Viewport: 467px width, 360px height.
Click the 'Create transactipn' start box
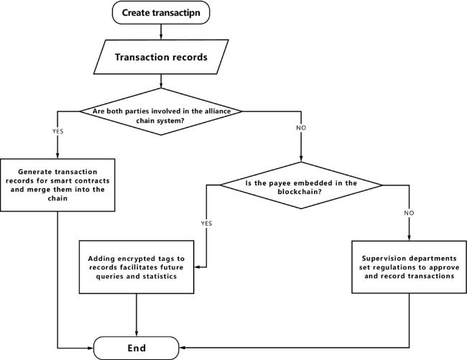[x=161, y=12]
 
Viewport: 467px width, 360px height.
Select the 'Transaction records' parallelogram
[x=161, y=57]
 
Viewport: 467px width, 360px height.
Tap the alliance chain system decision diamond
[x=161, y=111]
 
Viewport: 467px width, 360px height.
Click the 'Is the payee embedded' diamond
[x=301, y=185]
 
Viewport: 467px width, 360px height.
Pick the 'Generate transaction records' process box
[x=57, y=185]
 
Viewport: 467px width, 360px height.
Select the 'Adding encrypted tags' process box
[x=137, y=267]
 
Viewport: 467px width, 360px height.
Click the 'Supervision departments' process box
[x=409, y=267]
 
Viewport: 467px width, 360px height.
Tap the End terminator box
[x=137, y=348]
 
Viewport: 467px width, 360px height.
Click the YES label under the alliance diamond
[x=57, y=131]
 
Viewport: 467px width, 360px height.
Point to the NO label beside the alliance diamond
[x=301, y=128]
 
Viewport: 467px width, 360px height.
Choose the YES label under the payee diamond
[x=206, y=223]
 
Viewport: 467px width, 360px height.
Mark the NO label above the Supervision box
[x=409, y=213]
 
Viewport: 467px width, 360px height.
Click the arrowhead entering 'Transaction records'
[x=161, y=37]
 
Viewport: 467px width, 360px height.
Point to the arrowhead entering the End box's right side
[x=182, y=348]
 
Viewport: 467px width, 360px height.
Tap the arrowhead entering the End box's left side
[x=91, y=348]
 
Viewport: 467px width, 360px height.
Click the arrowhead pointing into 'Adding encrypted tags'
[x=197, y=267]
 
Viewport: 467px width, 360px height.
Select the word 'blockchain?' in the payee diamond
[x=300, y=191]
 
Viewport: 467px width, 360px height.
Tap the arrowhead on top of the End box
[x=137, y=334]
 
